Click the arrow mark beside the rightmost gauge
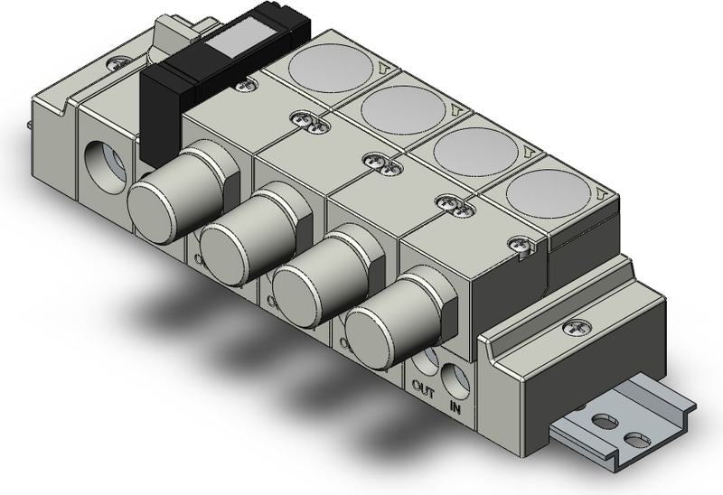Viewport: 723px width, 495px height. click(601, 193)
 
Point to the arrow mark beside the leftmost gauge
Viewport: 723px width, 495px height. click(387, 66)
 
